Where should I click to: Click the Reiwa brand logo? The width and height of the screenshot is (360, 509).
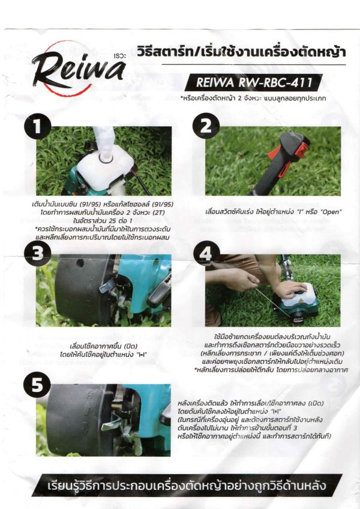pyautogui.click(x=79, y=69)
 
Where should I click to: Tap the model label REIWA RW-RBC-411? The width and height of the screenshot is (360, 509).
pyautogui.click(x=254, y=82)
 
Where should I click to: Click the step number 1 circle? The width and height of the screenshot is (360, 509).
pyautogui.click(x=38, y=126)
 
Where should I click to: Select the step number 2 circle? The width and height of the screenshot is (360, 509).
pyautogui.click(x=206, y=126)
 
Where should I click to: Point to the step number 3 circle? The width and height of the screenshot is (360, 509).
pyautogui.click(x=37, y=253)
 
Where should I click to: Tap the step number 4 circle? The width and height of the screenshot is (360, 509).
pyautogui.click(x=206, y=253)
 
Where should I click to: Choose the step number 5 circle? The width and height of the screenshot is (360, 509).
pyautogui.click(x=37, y=385)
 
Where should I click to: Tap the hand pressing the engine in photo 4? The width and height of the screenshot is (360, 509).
pyautogui.click(x=292, y=289)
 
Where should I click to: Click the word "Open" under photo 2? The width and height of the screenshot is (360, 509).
pyautogui.click(x=331, y=212)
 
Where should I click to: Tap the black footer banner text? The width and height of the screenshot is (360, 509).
pyautogui.click(x=187, y=486)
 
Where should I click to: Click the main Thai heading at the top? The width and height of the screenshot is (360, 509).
pyautogui.click(x=241, y=52)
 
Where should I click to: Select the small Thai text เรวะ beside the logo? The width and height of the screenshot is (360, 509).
pyautogui.click(x=121, y=56)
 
